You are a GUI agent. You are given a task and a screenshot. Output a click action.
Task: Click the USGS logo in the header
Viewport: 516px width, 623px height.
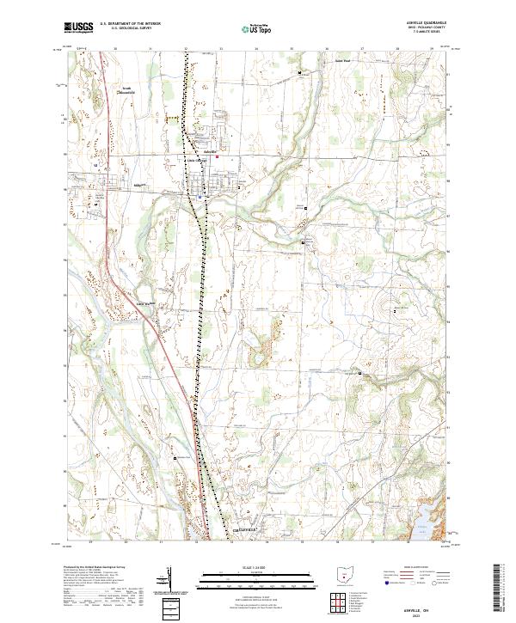coord(79,27)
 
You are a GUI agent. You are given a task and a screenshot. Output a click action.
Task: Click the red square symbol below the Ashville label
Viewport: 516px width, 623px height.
coord(218,157)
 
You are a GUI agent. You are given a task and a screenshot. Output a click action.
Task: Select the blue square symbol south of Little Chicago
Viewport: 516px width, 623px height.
coord(200,196)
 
